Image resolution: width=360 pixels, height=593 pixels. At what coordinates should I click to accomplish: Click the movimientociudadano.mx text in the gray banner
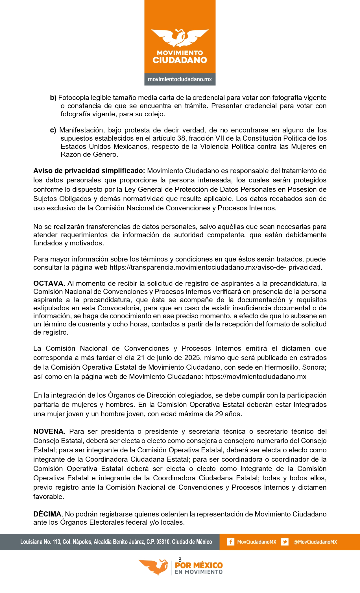(x=180, y=79)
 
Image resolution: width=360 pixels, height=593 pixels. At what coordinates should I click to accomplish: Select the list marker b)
(x=53, y=98)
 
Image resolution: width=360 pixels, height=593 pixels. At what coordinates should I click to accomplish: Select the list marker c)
(x=53, y=130)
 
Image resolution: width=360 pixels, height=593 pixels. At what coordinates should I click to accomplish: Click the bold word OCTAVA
(x=49, y=284)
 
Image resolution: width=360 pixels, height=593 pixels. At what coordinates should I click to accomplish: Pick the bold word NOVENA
(x=49, y=431)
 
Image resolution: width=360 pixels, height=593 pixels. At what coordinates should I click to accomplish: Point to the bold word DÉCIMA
(x=48, y=514)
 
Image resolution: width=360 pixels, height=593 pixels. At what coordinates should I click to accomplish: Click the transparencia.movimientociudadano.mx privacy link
(x=216, y=267)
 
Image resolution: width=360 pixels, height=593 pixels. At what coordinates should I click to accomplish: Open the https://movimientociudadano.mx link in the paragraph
(x=256, y=377)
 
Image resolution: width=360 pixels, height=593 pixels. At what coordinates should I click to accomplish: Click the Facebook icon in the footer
(x=231, y=542)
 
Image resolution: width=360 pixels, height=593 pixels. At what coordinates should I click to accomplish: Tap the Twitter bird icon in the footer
(x=285, y=542)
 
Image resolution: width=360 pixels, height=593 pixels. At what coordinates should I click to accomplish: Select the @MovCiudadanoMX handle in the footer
(x=315, y=542)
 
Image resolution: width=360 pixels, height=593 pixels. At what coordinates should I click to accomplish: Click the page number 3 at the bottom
(x=180, y=559)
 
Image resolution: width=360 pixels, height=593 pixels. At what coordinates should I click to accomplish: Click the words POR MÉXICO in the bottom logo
(x=199, y=565)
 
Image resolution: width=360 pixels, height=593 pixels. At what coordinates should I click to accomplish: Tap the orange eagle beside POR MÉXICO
(x=154, y=566)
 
